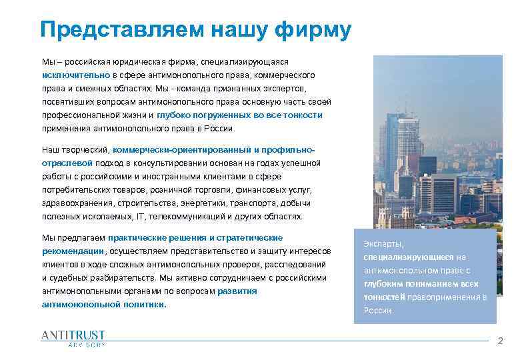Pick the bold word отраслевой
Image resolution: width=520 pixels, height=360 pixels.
[x=67, y=163]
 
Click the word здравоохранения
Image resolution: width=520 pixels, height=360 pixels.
[x=77, y=203]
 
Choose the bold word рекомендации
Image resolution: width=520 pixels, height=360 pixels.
[x=73, y=251]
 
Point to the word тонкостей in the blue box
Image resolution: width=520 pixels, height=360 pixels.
[x=382, y=297]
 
